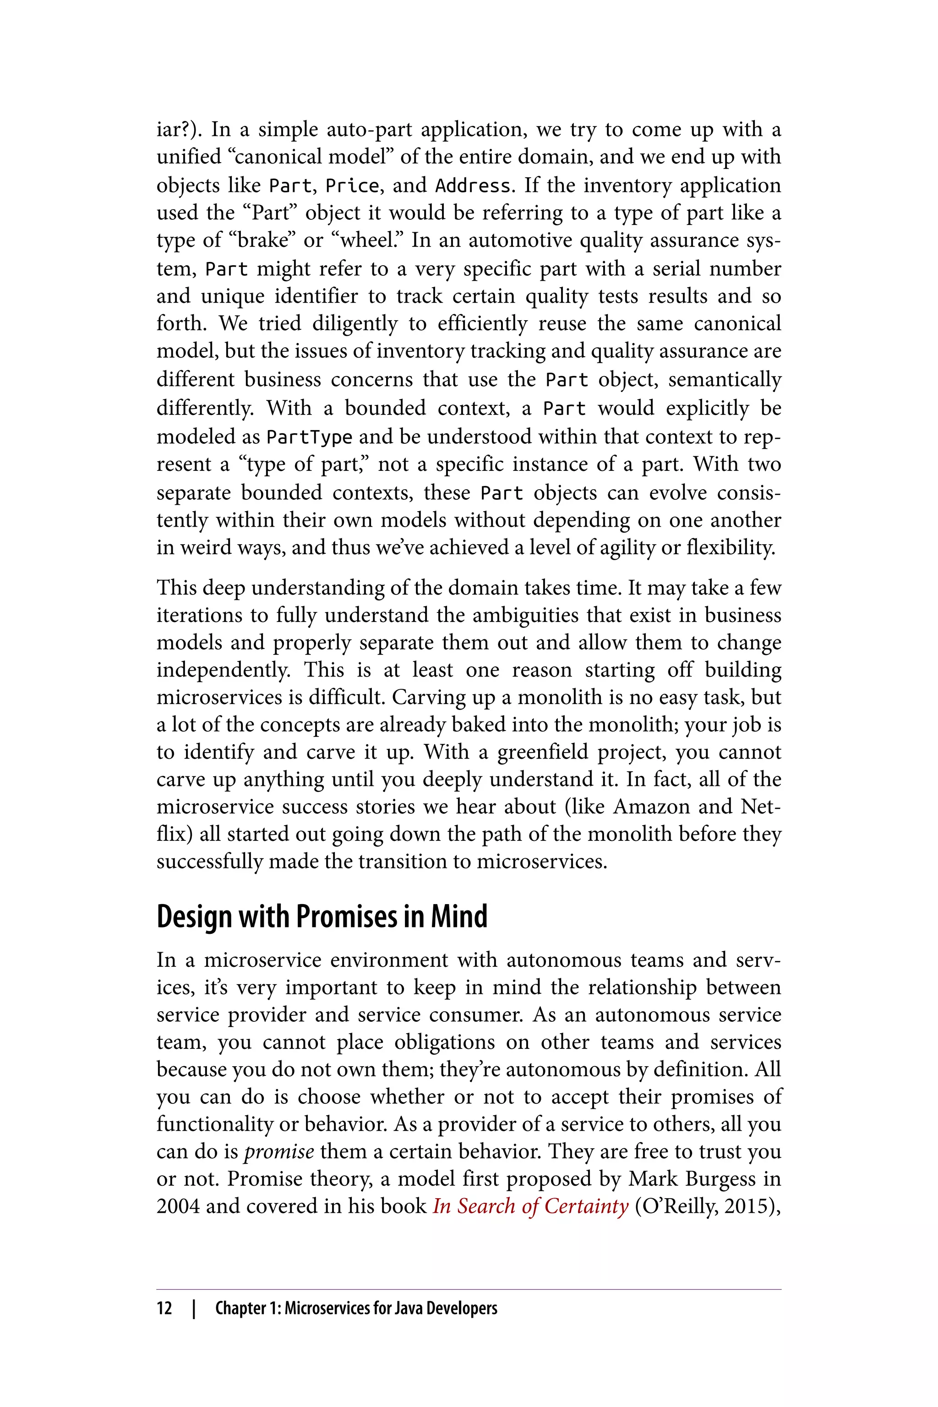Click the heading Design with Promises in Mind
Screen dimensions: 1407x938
322,917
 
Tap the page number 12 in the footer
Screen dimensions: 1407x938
164,1308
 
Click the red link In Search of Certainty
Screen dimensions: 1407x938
530,1206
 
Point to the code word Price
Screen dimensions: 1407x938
352,186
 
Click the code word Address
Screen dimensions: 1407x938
473,186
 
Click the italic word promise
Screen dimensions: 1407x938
279,1151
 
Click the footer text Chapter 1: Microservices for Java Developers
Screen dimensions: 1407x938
356,1308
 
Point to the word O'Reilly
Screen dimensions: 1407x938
677,1206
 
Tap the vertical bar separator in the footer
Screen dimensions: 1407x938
193,1308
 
